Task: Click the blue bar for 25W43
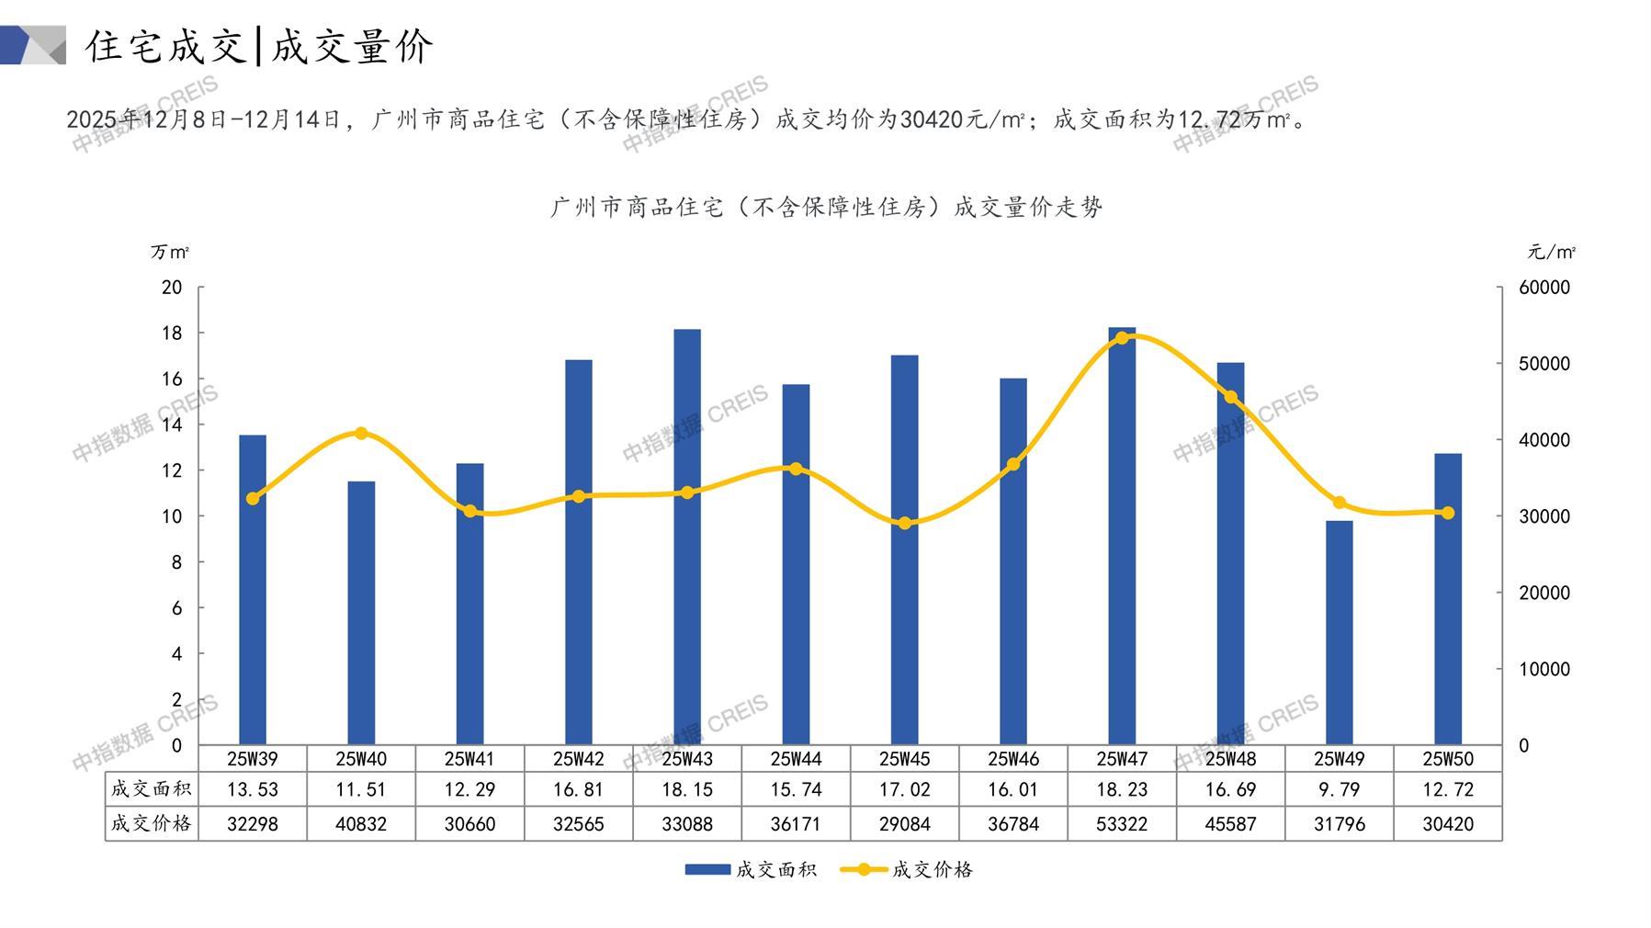coord(687,537)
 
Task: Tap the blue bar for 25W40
coord(361,613)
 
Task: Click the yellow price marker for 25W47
coord(1122,338)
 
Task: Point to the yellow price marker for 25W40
coord(361,434)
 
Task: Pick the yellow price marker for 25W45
coord(905,523)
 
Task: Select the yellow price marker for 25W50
coord(1448,513)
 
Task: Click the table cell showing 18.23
coord(1122,789)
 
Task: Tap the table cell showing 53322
coord(1122,824)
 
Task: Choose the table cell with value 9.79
coord(1339,789)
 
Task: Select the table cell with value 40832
coord(361,824)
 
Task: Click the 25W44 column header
coord(796,759)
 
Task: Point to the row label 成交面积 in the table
coord(152,789)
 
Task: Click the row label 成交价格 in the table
coord(152,824)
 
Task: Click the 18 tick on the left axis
coord(172,333)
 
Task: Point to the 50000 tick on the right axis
coord(1544,364)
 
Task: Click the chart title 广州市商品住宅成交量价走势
coord(826,208)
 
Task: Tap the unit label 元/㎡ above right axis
coord(1551,252)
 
